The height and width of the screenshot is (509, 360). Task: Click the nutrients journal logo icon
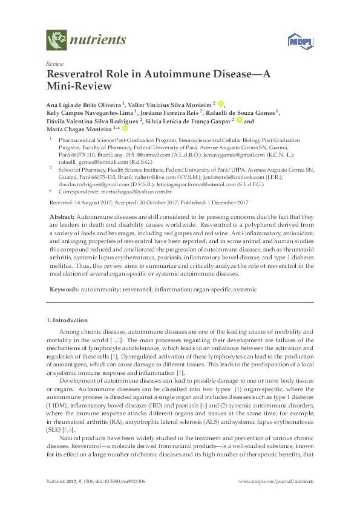(56, 41)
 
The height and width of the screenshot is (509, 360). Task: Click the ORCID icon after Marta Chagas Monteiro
(125, 128)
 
